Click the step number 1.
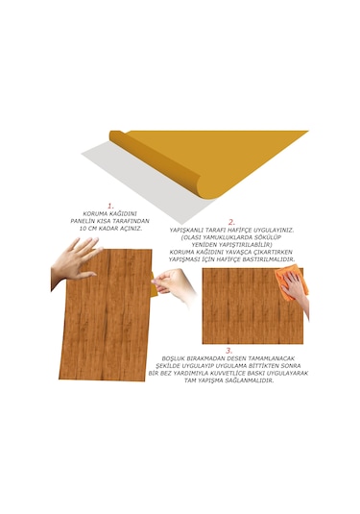pos(110,205)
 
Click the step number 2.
pos(231,222)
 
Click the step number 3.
pos(228,351)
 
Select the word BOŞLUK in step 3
pos(165,360)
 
